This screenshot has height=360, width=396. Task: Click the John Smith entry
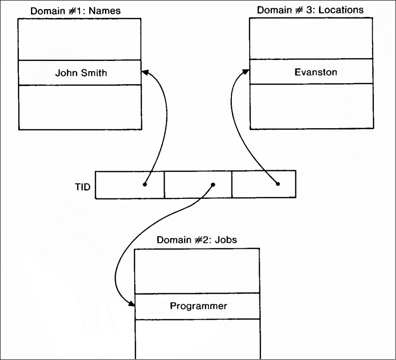pyautogui.click(x=80, y=73)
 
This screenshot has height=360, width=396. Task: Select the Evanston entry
pyautogui.click(x=316, y=72)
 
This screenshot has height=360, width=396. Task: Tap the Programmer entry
pyautogui.click(x=198, y=306)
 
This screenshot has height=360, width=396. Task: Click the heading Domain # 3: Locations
pyautogui.click(x=310, y=10)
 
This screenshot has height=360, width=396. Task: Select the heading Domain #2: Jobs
pyautogui.click(x=197, y=240)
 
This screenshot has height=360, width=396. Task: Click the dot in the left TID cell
pyautogui.click(x=145, y=184)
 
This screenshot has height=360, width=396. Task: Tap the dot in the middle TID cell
pyautogui.click(x=213, y=184)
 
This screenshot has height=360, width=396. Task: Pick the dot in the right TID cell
pyautogui.click(x=277, y=184)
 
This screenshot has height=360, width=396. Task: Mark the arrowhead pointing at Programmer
pyautogui.click(x=131, y=303)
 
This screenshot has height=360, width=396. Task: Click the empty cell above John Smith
pyautogui.click(x=80, y=39)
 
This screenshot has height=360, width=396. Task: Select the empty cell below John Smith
pyautogui.click(x=80, y=107)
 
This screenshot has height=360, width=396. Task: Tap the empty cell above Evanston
pyautogui.click(x=312, y=39)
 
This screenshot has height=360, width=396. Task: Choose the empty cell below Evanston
pyautogui.click(x=312, y=106)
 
